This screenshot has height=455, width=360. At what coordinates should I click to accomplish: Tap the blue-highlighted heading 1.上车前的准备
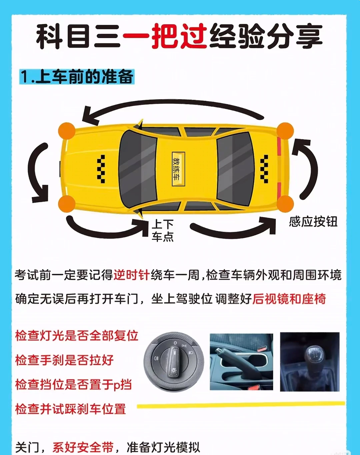(77, 77)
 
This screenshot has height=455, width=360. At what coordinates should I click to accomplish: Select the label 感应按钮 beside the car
(313, 222)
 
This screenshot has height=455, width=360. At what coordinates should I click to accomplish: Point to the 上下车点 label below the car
(163, 230)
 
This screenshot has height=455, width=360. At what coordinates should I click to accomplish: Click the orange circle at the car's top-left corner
(67, 131)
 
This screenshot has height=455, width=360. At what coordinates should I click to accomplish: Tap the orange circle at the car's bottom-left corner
(67, 204)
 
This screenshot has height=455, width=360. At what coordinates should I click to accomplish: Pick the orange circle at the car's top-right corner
(285, 131)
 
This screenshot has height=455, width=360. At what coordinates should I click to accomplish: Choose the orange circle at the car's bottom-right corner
(285, 204)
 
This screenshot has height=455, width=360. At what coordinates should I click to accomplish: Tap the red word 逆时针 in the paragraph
(131, 275)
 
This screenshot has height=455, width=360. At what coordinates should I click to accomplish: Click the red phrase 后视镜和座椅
(289, 299)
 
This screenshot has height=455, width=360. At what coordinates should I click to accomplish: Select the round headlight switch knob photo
(174, 362)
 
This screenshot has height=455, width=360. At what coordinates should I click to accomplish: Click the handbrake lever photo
(241, 362)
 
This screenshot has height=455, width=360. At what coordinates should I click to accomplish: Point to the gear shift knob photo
(310, 362)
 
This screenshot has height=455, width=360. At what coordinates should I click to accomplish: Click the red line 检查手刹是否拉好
(64, 360)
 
